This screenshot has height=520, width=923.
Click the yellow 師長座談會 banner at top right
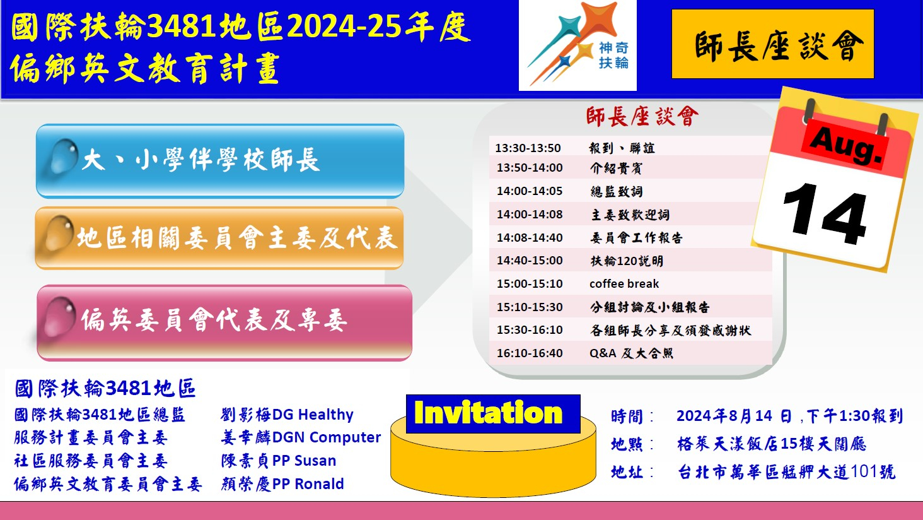pos(772,44)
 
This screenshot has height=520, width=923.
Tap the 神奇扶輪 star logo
pos(578,45)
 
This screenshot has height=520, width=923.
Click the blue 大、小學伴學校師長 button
pos(220,161)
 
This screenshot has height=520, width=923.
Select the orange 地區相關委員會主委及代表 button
pos(219,238)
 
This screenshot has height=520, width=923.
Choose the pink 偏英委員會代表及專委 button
pos(224,323)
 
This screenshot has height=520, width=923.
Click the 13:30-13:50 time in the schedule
pos(528,148)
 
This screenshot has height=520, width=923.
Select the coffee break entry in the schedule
pos(624,284)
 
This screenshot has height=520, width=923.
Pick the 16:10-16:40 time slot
pos(530,353)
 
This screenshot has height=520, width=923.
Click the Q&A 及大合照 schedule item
pos(631,353)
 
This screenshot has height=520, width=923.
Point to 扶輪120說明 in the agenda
pos(627,261)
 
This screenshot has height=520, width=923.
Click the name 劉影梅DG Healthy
pos(287,415)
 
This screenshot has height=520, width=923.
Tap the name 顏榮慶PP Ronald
pos(282,483)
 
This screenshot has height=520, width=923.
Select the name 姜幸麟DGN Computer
pos(301,437)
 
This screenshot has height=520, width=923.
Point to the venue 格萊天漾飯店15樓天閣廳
pos(771,444)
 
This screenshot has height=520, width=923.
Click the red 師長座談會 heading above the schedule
pos(642,116)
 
